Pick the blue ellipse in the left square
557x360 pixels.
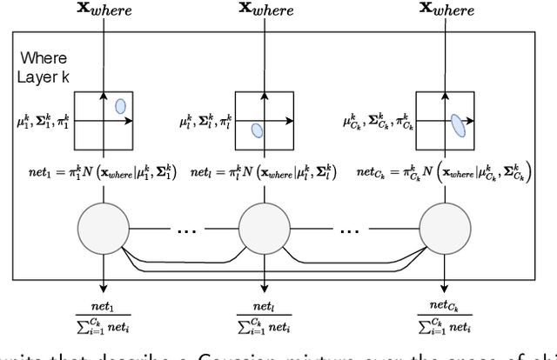[x=120, y=106]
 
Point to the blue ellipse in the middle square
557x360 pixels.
[x=257, y=130]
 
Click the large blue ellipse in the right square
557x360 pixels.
[x=458, y=127]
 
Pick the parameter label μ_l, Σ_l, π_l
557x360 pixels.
[x=205, y=120]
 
